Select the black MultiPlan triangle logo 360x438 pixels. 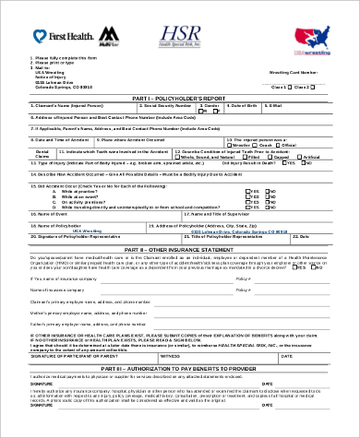click(109, 33)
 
